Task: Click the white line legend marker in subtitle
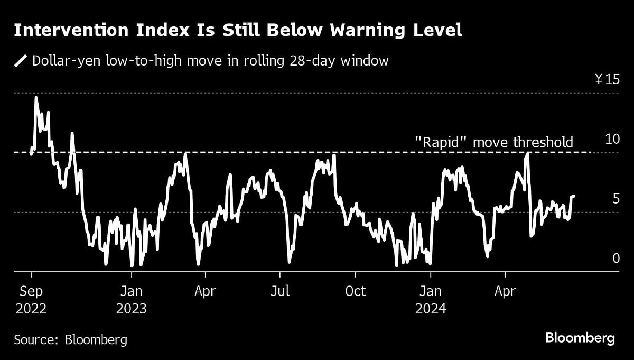tap(21, 61)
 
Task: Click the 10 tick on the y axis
tap(612, 140)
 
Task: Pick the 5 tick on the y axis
tap(616, 199)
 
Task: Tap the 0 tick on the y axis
tap(616, 259)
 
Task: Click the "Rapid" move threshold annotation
tap(493, 142)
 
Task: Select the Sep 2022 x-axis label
tap(31, 300)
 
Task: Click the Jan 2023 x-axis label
tap(131, 300)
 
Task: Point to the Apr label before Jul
tap(206, 292)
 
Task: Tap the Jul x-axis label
tap(280, 292)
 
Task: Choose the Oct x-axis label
tap(355, 292)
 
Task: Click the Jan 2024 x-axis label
tap(431, 300)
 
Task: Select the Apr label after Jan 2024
tap(506, 292)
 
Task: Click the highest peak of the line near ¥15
tap(36, 97)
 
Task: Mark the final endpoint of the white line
tap(574, 196)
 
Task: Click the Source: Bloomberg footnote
tap(70, 339)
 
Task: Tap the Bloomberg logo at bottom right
tap(580, 338)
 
